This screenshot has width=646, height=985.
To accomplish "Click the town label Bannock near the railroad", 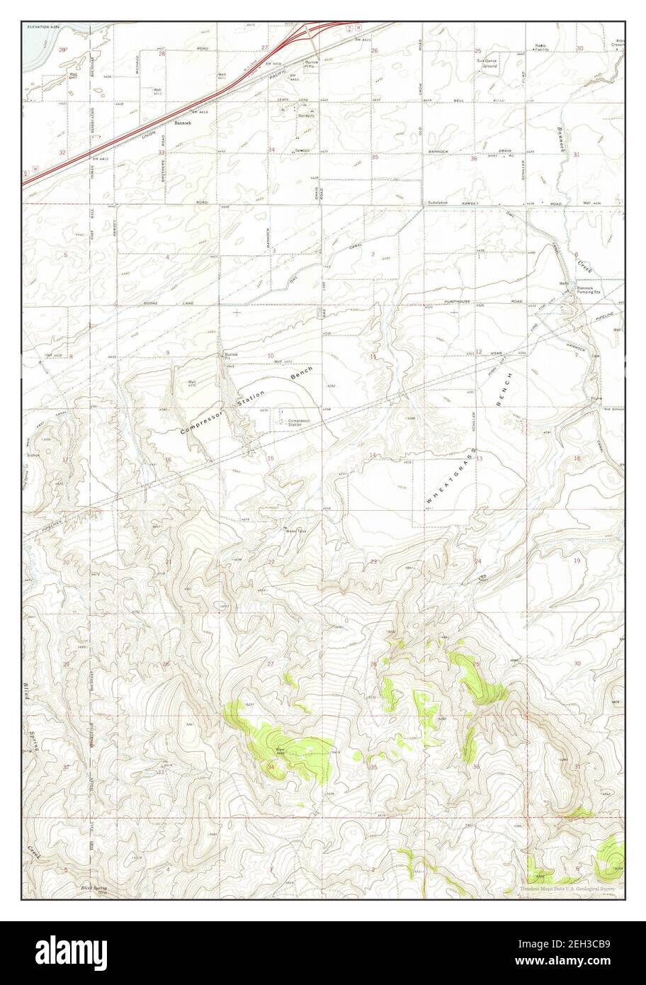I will (184, 123).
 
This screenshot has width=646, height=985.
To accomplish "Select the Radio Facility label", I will (542, 48).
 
